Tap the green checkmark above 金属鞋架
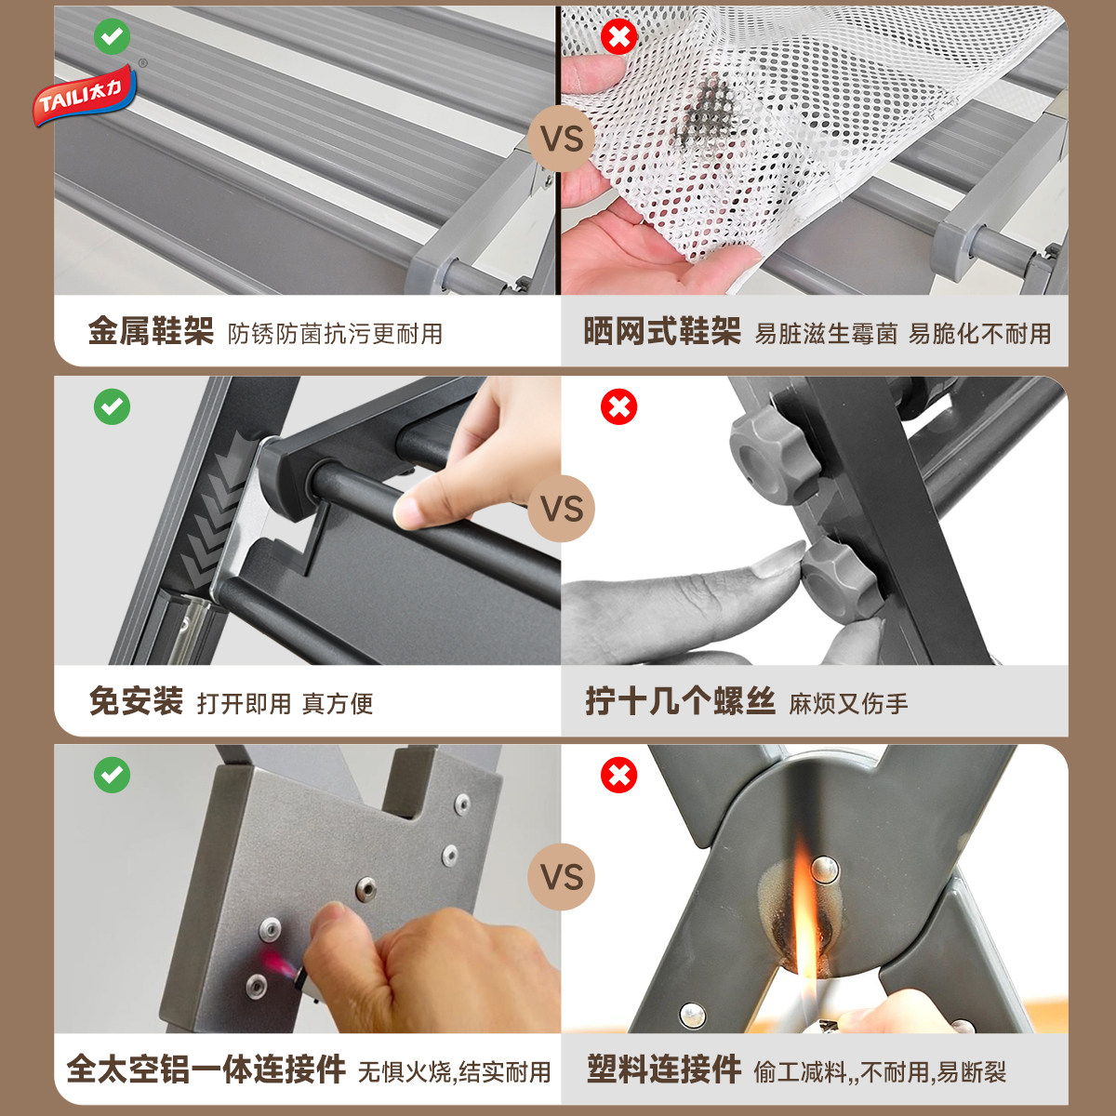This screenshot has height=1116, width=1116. coord(113,36)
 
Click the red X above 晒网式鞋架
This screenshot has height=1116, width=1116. coord(618,36)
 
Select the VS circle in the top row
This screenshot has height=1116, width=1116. coord(561,140)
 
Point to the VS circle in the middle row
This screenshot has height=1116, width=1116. coord(561,509)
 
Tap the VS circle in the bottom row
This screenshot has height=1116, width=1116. coord(561,877)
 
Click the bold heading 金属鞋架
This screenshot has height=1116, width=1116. coord(151,332)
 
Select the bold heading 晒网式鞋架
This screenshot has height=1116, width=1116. coord(661,332)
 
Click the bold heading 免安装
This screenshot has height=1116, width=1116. coord(136,701)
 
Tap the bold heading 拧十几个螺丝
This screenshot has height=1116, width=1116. coord(680,701)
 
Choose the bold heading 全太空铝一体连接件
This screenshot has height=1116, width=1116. coord(206,1069)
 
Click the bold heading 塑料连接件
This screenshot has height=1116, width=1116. coord(663,1069)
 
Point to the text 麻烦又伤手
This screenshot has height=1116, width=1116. coord(848,704)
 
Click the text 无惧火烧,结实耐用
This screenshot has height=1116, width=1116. coord(454,1072)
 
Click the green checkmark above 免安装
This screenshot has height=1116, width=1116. coord(113,406)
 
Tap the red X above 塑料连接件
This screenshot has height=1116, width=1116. coord(618,775)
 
